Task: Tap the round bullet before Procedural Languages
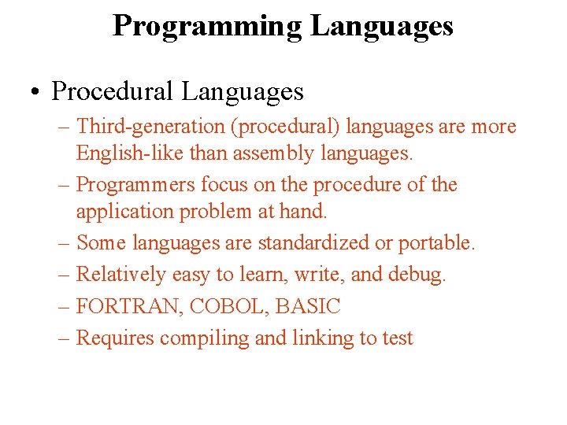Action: click(36, 92)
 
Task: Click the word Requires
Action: click(115, 338)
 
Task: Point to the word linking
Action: click(302, 338)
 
